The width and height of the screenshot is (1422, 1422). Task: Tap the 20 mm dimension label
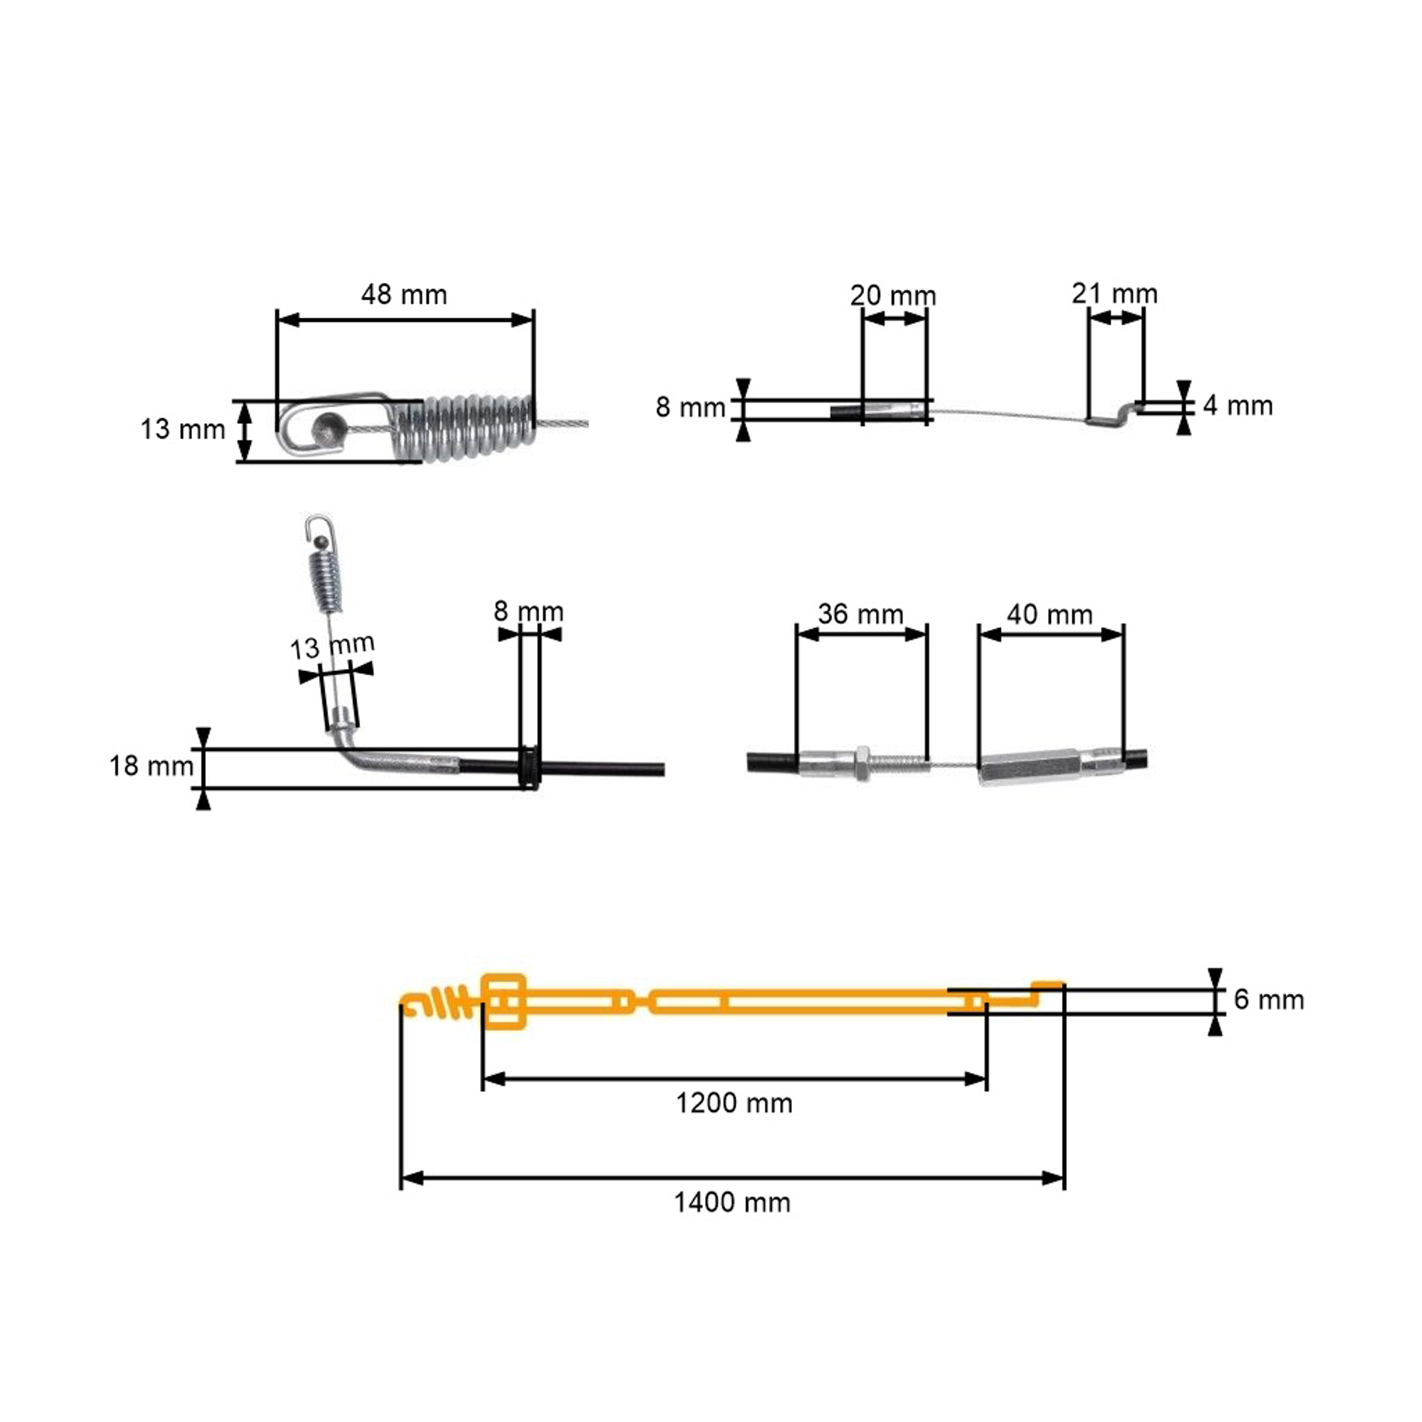pos(893,295)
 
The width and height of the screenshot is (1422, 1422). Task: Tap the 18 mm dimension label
pos(152,766)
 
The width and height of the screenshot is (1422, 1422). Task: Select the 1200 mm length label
pos(734,1103)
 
